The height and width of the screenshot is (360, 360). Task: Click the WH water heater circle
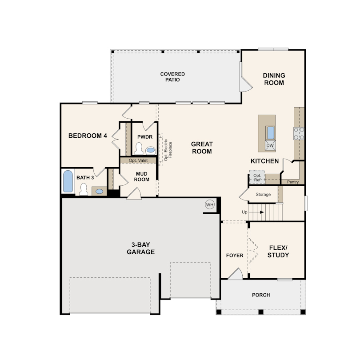[x=209, y=205]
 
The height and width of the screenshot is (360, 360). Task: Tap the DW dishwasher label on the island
[x=270, y=145]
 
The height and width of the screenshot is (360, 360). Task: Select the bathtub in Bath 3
[x=68, y=181]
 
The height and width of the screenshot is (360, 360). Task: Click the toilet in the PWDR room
[x=138, y=148]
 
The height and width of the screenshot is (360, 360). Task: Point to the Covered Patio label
[x=173, y=77]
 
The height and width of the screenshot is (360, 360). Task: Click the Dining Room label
[x=274, y=79]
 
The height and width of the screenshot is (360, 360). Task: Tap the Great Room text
[x=202, y=148]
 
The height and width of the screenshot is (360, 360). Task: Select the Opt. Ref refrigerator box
[x=257, y=178]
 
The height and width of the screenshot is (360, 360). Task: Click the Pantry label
[x=293, y=182]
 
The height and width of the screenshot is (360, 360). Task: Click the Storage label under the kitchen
[x=263, y=195]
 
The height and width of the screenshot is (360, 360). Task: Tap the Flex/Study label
[x=279, y=252]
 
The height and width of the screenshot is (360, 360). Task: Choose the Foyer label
[x=235, y=256]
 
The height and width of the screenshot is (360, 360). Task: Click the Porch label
[x=261, y=295]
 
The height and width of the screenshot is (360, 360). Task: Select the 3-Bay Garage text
[x=140, y=248]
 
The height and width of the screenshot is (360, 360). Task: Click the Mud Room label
[x=142, y=176]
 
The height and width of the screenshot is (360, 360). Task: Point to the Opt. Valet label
[x=138, y=160]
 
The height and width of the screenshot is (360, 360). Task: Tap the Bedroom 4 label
[x=88, y=136]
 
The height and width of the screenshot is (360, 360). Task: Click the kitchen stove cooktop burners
[x=299, y=133]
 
